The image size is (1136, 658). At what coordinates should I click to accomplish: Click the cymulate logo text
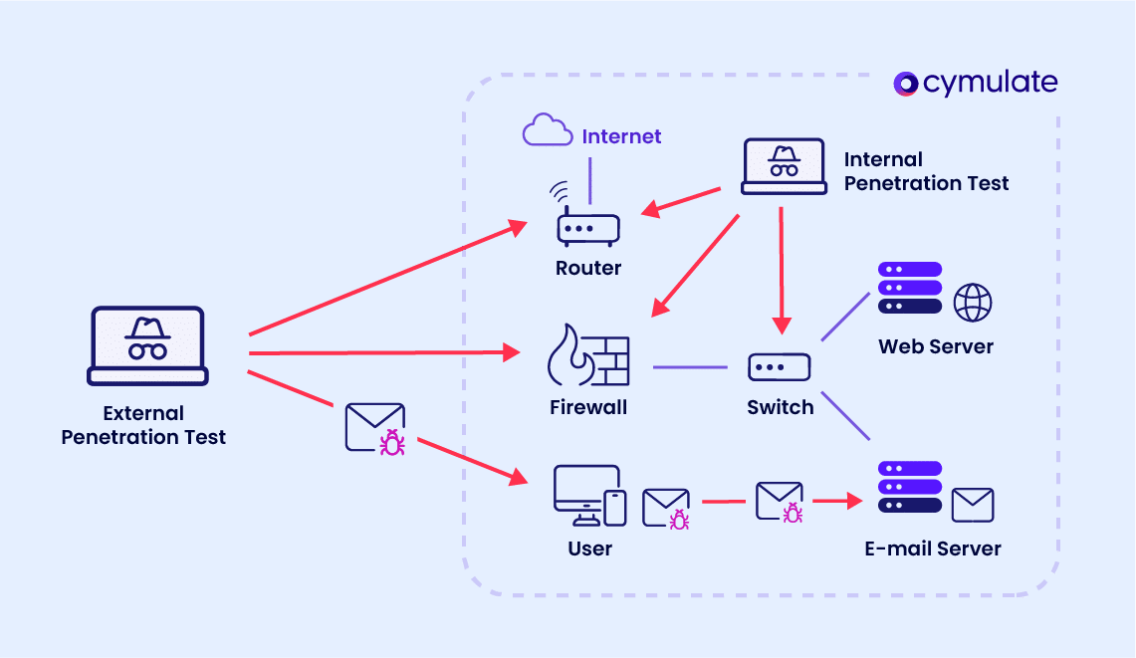[990, 84]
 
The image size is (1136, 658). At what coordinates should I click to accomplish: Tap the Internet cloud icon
[548, 131]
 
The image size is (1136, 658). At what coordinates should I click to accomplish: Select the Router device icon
[587, 228]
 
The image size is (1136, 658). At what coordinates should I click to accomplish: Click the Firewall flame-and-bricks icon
[588, 355]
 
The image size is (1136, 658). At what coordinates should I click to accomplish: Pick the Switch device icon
[780, 367]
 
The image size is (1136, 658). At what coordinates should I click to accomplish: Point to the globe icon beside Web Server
[973, 303]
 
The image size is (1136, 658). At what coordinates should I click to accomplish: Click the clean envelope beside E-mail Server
[973, 505]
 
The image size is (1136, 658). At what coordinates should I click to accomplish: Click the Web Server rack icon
[910, 288]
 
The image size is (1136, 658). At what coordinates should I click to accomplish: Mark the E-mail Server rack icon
[910, 487]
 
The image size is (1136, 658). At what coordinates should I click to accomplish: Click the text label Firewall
[588, 407]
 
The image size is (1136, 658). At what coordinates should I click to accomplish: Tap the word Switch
[780, 407]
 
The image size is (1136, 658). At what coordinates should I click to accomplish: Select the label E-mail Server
[933, 548]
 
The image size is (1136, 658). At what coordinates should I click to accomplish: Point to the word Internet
[621, 136]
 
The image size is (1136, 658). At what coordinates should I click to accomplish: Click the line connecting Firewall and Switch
[690, 367]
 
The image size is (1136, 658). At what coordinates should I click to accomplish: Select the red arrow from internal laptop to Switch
[782, 269]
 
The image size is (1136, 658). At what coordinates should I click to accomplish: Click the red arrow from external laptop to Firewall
[383, 352]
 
